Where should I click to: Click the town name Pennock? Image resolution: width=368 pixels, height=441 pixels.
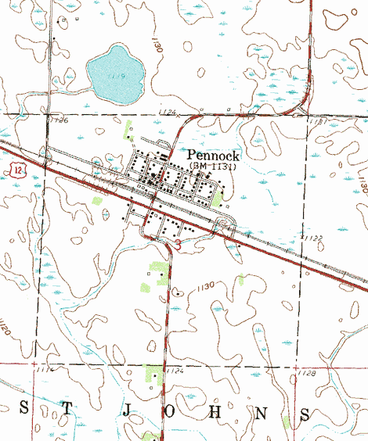[213, 156]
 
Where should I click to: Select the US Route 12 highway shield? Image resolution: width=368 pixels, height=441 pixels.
[16, 169]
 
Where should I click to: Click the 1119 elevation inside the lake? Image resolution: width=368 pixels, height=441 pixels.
[118, 76]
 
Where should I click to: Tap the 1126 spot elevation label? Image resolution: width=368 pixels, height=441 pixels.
[59, 120]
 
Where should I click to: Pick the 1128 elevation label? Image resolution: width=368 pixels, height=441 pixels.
[308, 374]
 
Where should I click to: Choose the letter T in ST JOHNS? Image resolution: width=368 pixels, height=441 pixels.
[69, 409]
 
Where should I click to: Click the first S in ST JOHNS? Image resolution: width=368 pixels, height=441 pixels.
[23, 409]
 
